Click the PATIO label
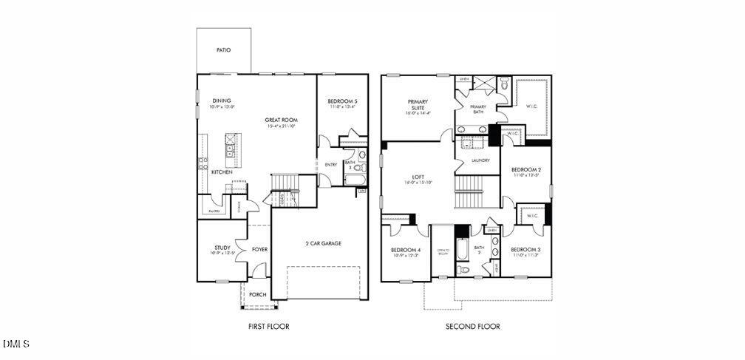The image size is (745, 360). click(x=223, y=50)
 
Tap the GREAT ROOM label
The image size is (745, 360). click(x=282, y=120)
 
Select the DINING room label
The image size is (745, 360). click(x=222, y=101)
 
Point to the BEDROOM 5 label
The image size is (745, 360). click(x=344, y=101)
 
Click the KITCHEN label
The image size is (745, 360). click(x=222, y=172)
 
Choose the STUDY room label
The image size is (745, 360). click(x=222, y=248)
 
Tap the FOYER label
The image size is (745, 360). click(x=259, y=249)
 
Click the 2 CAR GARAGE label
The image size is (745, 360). click(x=323, y=243)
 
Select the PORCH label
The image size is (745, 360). click(x=257, y=294)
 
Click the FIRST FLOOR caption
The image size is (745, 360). click(x=268, y=326)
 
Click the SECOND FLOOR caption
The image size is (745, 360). click(x=472, y=326)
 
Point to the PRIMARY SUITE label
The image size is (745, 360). click(x=418, y=104)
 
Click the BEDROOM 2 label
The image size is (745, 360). click(x=525, y=170)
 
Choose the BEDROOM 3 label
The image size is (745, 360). click(x=525, y=249)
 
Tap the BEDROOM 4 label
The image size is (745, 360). click(x=406, y=251)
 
